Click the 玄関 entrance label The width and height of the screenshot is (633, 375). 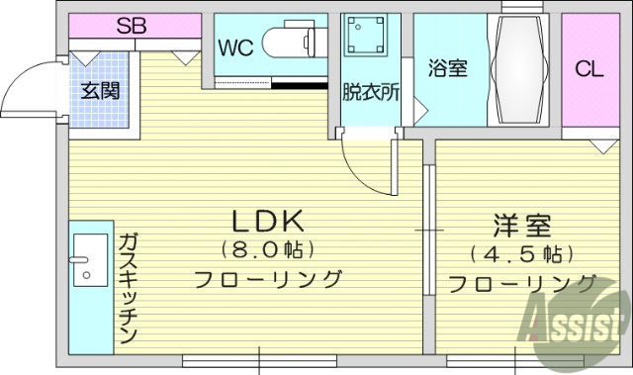click(x=100, y=91)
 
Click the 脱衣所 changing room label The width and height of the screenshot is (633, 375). click(x=371, y=92)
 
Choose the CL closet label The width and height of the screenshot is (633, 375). click(x=589, y=69)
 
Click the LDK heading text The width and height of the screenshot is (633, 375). click(x=267, y=219)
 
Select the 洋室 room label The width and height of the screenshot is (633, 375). click(x=522, y=226)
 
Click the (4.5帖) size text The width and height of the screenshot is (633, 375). click(x=522, y=254)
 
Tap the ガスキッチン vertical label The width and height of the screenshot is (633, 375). click(x=128, y=288)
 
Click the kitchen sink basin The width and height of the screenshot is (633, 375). click(x=90, y=259)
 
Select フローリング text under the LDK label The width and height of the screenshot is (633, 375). click(x=267, y=278)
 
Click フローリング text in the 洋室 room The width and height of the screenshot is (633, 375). click(x=522, y=284)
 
